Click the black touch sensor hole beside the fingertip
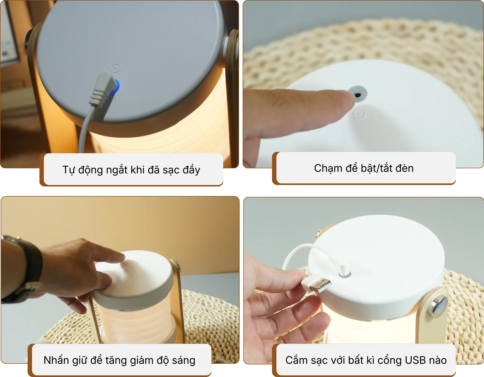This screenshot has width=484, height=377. click(x=358, y=95)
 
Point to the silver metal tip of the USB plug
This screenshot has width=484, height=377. click(x=321, y=286)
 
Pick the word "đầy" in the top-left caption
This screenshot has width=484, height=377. click(x=191, y=170)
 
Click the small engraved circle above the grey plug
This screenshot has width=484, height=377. click(x=116, y=68)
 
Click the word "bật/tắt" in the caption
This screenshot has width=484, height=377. click(x=376, y=168)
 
